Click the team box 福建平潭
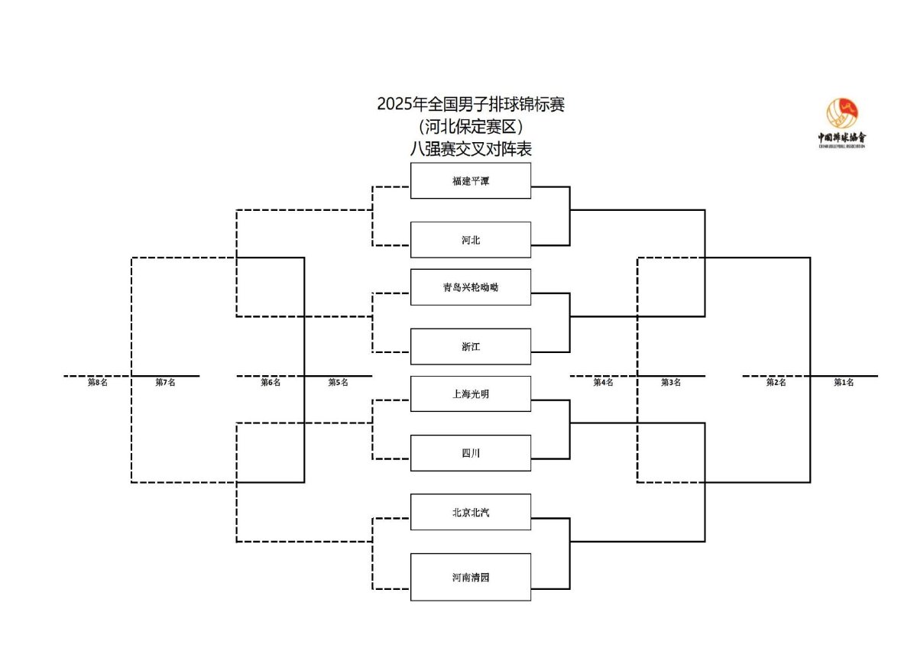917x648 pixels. [471, 180]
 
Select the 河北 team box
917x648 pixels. [471, 240]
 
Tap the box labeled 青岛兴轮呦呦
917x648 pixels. [471, 287]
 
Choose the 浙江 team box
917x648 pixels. [471, 346]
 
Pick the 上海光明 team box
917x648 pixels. [471, 394]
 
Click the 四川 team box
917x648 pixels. [471, 452]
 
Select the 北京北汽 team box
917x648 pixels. [471, 512]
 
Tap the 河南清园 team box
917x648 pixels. [471, 577]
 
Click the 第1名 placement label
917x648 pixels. [844, 382]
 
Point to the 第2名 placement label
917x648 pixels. [776, 382]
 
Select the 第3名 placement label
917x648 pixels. [671, 382]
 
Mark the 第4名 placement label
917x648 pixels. [604, 382]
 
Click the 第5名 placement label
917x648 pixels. [338, 382]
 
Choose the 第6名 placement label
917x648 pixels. [271, 382]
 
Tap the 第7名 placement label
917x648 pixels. [165, 382]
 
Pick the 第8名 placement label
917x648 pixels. [98, 382]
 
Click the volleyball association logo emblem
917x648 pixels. [842, 113]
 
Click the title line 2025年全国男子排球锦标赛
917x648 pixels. [471, 105]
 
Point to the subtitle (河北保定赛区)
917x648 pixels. [471, 127]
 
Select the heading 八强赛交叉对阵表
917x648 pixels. [471, 149]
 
